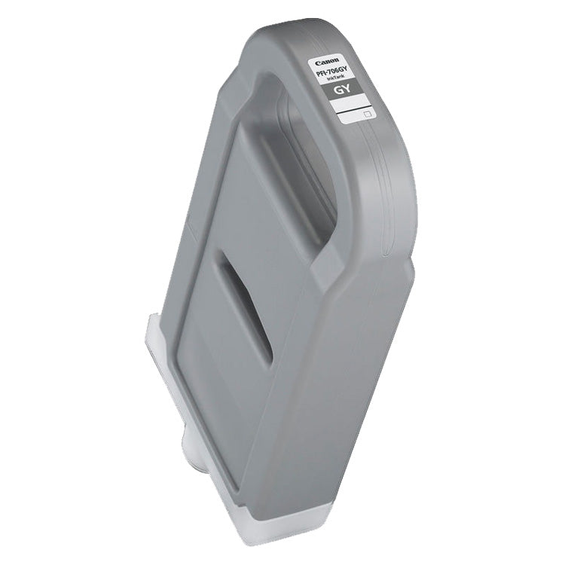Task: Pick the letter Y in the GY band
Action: (x=353, y=92)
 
